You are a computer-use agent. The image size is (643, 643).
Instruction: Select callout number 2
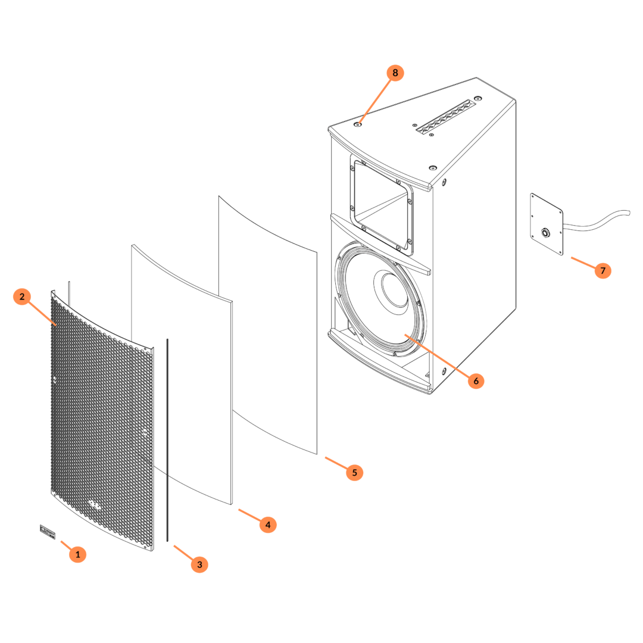[21, 296]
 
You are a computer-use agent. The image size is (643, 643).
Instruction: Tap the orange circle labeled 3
[199, 564]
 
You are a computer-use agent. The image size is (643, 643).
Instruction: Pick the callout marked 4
[267, 525]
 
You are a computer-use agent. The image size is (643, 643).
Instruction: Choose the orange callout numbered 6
[476, 380]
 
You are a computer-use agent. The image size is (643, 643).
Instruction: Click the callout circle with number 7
[603, 271]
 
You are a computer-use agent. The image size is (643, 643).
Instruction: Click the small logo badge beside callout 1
[48, 531]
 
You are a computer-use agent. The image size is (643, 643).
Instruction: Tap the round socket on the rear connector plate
[545, 232]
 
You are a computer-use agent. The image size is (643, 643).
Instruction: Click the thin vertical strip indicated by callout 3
[167, 441]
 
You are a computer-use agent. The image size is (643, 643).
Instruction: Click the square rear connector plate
[547, 224]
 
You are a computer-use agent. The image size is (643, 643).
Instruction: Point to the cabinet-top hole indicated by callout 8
[360, 124]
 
